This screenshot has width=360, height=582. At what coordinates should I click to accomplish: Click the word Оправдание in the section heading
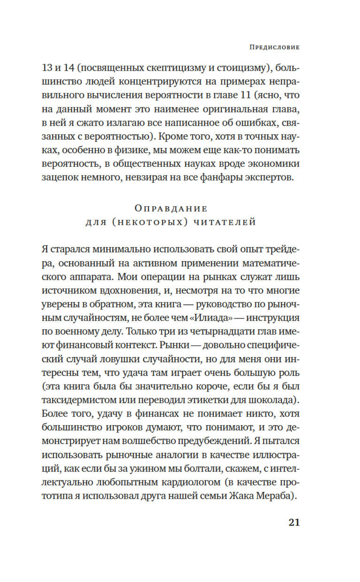[x=171, y=208]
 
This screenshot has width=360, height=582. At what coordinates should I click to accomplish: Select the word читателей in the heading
[x=225, y=222]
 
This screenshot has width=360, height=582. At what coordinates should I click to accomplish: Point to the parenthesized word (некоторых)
[x=150, y=222]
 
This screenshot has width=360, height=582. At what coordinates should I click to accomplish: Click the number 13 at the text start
[x=47, y=68]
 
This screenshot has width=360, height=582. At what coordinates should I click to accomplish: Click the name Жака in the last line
[x=241, y=496]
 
